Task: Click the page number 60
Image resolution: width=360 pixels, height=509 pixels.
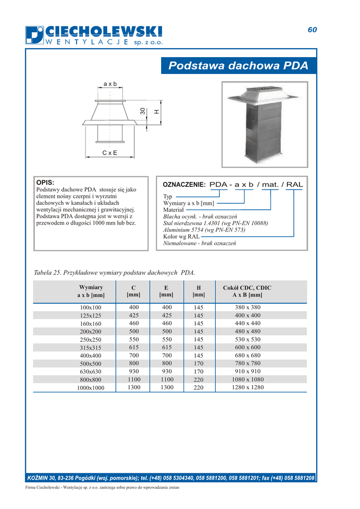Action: pyautogui.click(x=312, y=30)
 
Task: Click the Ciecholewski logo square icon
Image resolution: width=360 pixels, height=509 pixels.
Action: pyautogui.click(x=34, y=35)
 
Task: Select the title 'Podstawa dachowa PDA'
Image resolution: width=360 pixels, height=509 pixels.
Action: pyautogui.click(x=238, y=66)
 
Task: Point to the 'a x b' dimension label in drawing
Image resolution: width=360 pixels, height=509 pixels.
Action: pyautogui.click(x=110, y=84)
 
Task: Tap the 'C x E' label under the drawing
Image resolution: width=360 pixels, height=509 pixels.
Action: pyautogui.click(x=110, y=153)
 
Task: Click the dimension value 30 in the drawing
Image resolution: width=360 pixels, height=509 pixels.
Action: pyautogui.click(x=143, y=112)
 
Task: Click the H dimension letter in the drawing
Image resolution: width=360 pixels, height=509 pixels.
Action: pyautogui.click(x=156, y=112)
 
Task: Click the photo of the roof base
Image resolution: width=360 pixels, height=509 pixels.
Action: pyautogui.click(x=265, y=125)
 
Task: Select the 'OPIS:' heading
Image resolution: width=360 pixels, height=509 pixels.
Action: pyautogui.click(x=45, y=182)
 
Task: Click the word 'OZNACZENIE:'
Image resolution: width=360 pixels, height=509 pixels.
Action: pyautogui.click(x=184, y=184)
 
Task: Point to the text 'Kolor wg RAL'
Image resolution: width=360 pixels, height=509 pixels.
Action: pyautogui.click(x=181, y=237)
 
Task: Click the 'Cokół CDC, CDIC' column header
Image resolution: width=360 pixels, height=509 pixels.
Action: pyautogui.click(x=247, y=288)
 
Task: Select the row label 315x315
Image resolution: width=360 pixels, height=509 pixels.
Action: pyautogui.click(x=90, y=347)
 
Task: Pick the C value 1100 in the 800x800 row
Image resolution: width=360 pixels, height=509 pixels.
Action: pyautogui.click(x=134, y=379)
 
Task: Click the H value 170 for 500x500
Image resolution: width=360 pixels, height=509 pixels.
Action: pyautogui.click(x=199, y=363)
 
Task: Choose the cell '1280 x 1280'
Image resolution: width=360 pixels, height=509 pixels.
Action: pyautogui.click(x=248, y=387)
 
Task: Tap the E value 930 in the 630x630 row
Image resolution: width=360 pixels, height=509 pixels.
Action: pyautogui.click(x=167, y=371)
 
